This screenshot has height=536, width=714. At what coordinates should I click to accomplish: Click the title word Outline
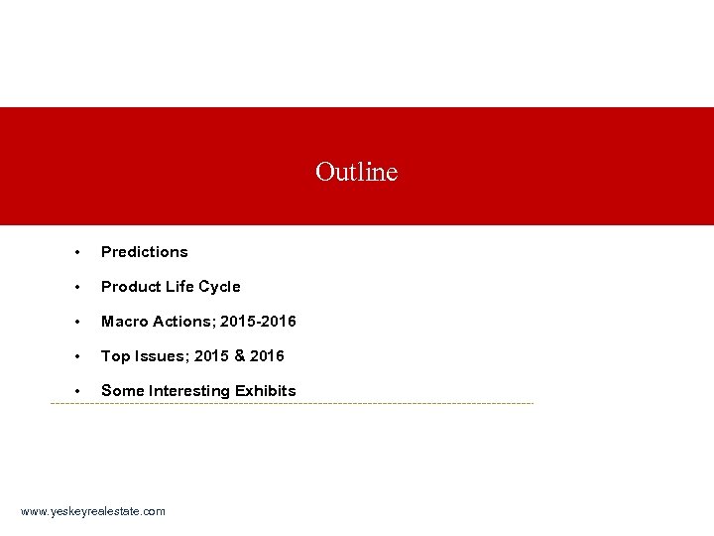click(x=356, y=173)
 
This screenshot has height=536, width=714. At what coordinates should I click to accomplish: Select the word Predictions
click(x=144, y=252)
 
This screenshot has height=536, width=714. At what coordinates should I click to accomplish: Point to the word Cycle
click(x=219, y=287)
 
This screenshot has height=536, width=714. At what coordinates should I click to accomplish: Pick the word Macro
click(x=123, y=322)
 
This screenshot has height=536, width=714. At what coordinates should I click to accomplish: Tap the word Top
click(x=114, y=355)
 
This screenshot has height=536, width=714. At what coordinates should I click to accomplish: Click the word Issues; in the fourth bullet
click(x=159, y=355)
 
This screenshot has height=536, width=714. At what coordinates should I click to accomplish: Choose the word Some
click(x=123, y=390)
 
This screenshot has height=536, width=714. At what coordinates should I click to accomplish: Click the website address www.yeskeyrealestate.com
click(x=93, y=511)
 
